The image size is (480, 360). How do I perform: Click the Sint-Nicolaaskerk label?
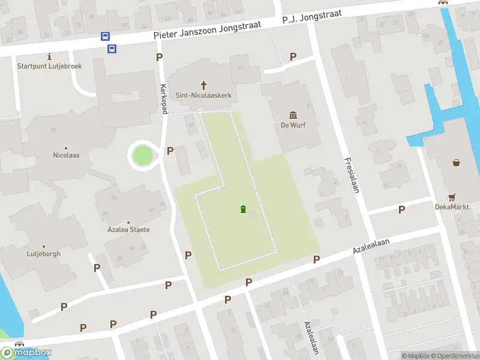pos(203,95)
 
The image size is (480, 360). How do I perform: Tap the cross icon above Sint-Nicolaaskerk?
pos(203,85)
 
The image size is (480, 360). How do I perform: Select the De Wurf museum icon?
pos(293,115)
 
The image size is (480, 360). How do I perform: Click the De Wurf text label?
pos(293,125)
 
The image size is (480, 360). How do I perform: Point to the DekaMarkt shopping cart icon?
pos(451,197)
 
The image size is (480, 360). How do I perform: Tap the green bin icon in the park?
pos(243,209)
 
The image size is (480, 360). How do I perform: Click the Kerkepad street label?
pos(163,96)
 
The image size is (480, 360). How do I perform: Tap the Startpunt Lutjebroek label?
pos(49,66)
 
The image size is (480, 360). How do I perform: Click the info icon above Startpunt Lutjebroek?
pos(49,56)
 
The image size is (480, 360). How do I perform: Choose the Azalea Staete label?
pos(129,230)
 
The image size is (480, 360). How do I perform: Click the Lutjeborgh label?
pos(44,254)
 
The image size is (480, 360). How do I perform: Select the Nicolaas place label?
pos(66,155)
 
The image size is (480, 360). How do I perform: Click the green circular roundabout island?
pos(143,156)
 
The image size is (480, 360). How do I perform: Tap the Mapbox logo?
pos(26,353)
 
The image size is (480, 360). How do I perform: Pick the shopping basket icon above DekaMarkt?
pos(456,162)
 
